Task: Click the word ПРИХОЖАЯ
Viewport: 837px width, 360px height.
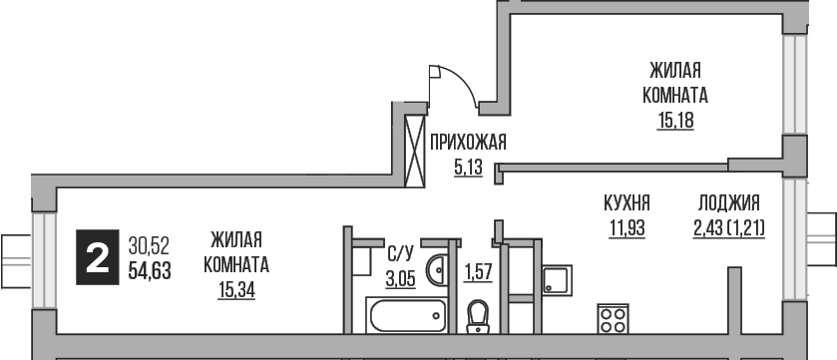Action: coord(468,143)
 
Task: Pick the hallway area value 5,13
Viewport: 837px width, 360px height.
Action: coord(467,167)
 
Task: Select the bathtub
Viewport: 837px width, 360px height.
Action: coord(407,318)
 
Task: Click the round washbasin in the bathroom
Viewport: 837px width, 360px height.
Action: coord(436,270)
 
